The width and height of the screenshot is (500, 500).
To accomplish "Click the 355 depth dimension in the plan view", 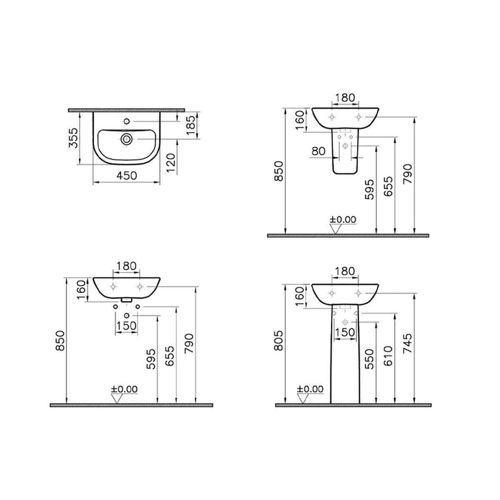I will tap(73, 138).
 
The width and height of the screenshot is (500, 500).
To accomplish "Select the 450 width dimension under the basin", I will tap(126, 176).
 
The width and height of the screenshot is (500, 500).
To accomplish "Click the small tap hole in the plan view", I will tap(126, 122).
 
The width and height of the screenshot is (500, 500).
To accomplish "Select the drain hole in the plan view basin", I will tap(126, 138).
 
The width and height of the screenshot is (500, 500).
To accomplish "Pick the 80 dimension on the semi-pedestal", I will tap(319, 151).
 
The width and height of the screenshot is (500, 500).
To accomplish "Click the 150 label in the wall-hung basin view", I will tap(126, 325).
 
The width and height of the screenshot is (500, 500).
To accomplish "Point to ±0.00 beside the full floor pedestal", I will tap(310, 389).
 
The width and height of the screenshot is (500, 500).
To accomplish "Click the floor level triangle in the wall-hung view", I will tap(118, 399).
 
